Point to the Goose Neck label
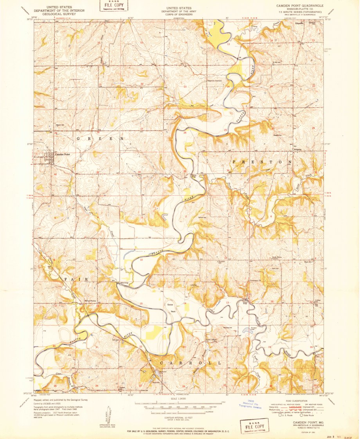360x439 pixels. coord(171,308)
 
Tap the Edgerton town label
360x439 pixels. coord(300,23)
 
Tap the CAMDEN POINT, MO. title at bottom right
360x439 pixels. coord(304,423)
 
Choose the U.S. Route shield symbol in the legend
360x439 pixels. coord(279,415)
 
